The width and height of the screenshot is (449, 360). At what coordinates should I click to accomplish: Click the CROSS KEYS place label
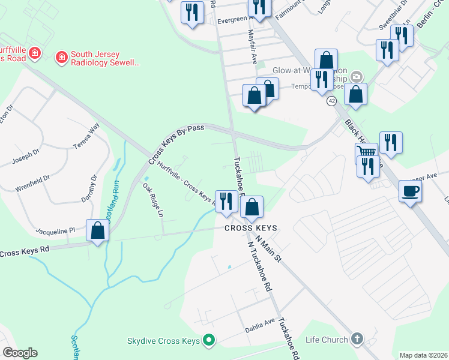pos(251,228)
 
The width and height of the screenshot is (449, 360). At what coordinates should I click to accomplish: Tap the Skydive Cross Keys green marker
pos(209,341)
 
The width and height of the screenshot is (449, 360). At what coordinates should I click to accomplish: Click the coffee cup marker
pos(411,191)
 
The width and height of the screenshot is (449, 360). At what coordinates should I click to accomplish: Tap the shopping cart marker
pos(366,151)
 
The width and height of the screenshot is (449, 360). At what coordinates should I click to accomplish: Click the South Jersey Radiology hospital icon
pos(61,58)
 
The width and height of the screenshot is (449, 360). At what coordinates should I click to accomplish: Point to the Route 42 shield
pos(331,101)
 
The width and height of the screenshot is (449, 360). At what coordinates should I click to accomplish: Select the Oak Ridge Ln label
pos(152,200)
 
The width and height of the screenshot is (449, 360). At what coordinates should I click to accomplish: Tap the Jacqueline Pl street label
pos(55,230)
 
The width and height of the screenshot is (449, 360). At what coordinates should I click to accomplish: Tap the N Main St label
pos(269,249)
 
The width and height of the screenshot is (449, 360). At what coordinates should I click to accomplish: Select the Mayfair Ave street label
pos(253,49)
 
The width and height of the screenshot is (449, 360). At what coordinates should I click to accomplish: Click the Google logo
pos(20,353)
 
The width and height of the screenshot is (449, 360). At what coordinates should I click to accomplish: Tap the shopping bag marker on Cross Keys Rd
pos(97,230)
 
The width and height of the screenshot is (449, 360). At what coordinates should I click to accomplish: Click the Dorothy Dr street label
pos(93,188)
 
